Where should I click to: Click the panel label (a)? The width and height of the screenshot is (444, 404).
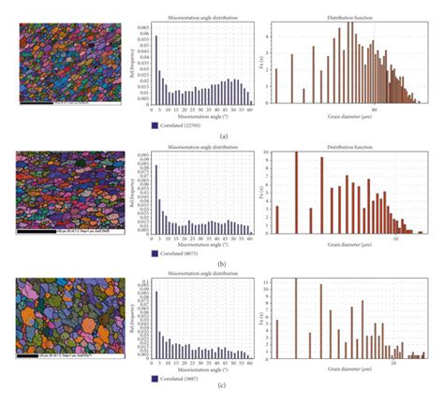pos(222,136)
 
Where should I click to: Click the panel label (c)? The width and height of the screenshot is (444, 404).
pos(222,395)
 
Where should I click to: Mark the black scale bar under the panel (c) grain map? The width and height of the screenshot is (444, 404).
pos(37,355)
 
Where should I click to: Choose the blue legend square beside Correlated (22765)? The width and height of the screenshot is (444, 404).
pos(154,123)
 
